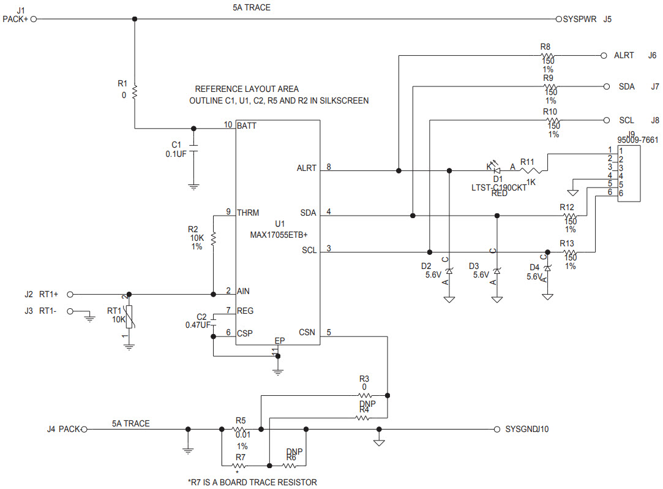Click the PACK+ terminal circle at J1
(34, 19)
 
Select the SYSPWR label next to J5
(579, 19)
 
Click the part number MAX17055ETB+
(279, 235)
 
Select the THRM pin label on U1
(249, 213)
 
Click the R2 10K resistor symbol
(213, 238)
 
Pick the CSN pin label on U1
(307, 333)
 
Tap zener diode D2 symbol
(449, 270)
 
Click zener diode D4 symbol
(548, 268)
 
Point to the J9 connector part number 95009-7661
(638, 140)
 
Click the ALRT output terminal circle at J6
(604, 55)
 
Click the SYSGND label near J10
(521, 429)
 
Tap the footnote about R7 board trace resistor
(252, 482)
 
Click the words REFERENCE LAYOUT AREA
(247, 89)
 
